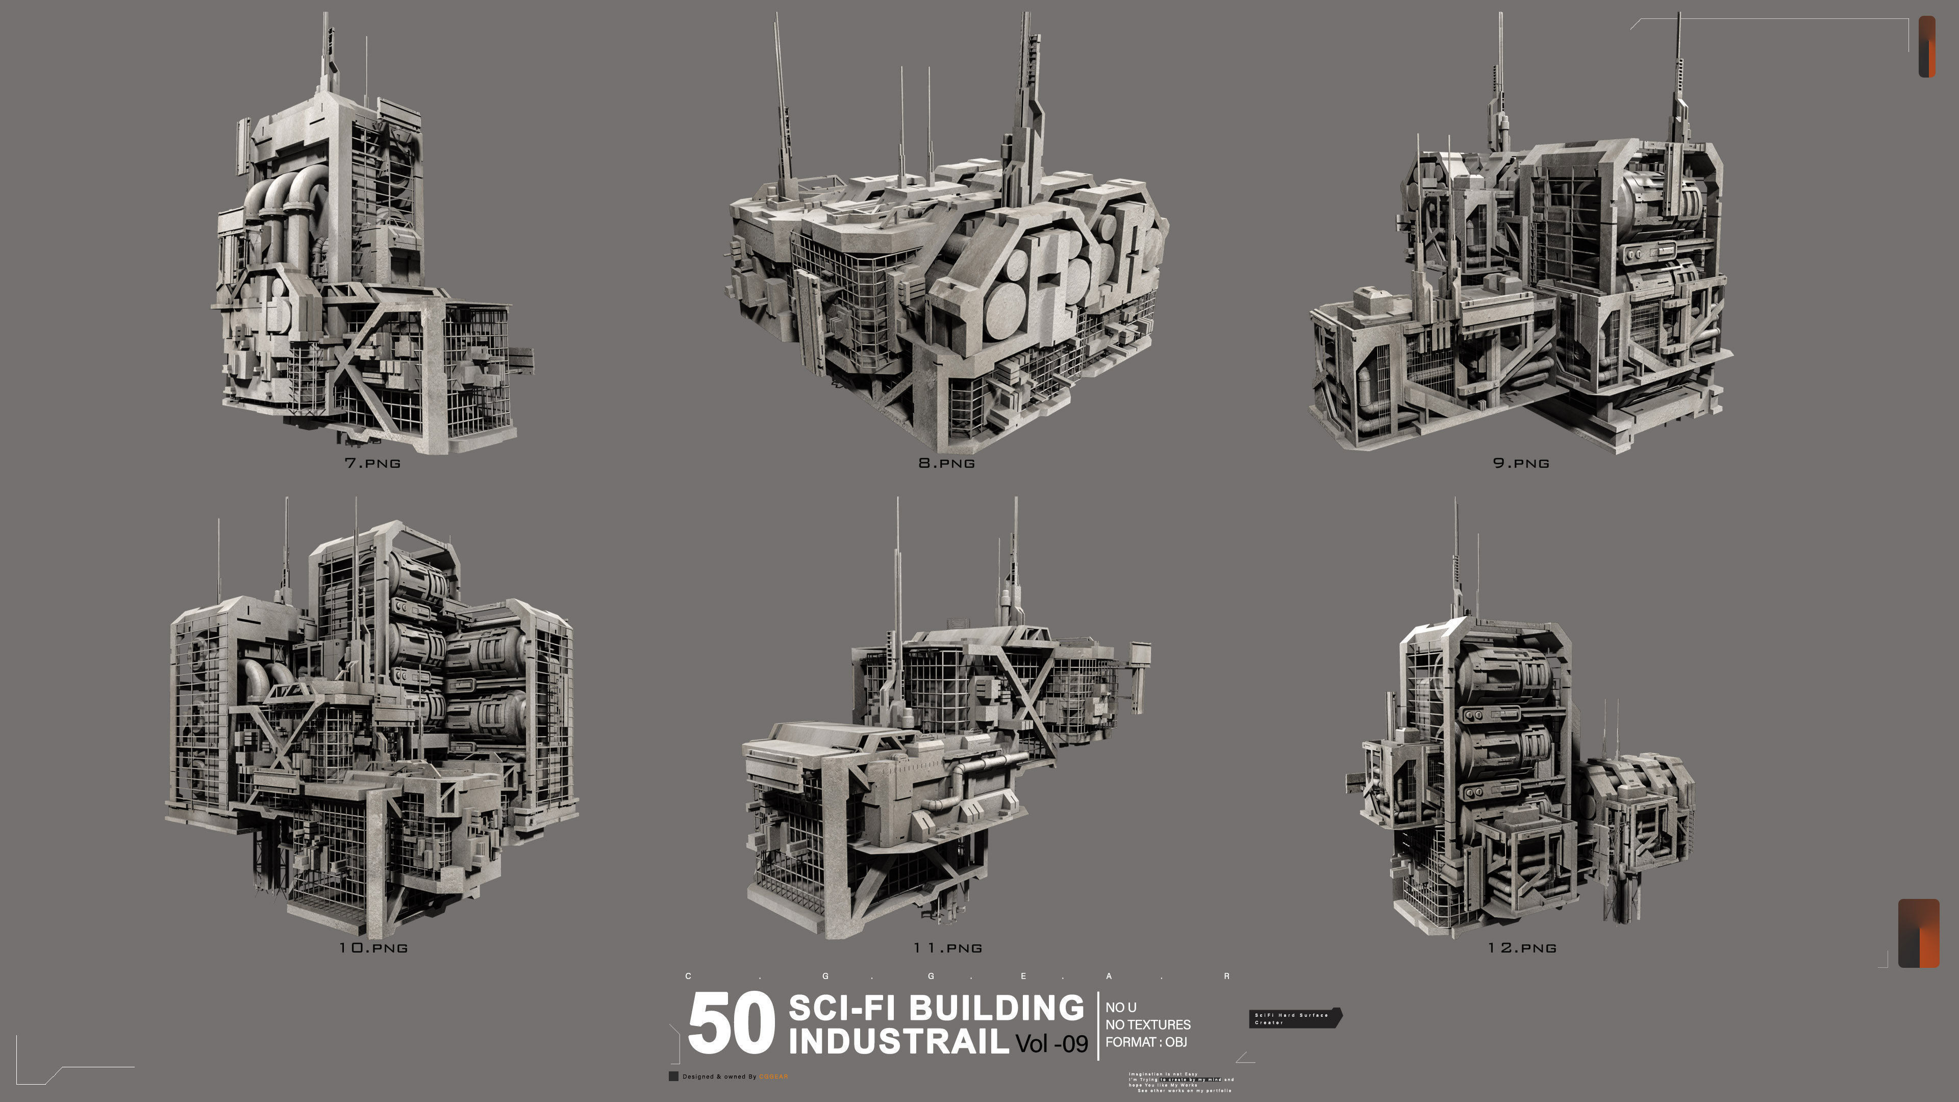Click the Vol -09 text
pos(1052,1043)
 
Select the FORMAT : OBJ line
pos(1145,1042)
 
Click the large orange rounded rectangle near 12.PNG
pos(1918,933)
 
